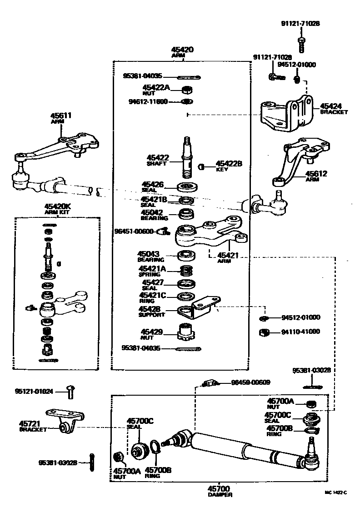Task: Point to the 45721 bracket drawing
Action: (x=68, y=421)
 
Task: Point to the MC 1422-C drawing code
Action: (x=335, y=492)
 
